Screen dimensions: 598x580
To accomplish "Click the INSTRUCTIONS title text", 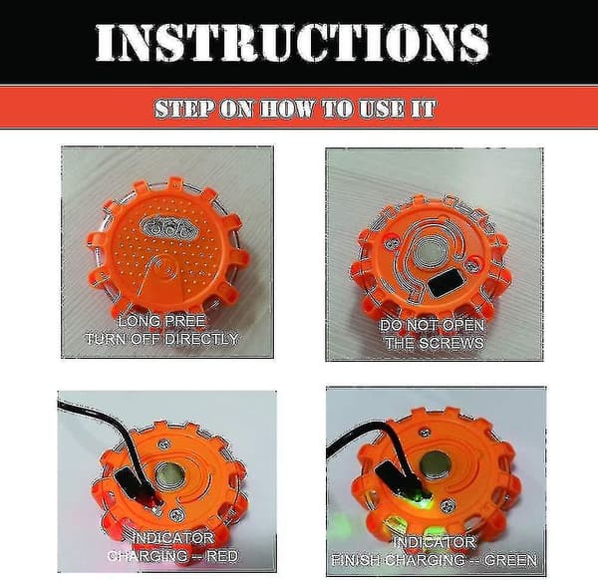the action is (292, 42).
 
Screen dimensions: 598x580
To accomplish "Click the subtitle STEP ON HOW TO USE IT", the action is (295, 109).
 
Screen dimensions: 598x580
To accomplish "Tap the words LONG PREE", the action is (161, 322).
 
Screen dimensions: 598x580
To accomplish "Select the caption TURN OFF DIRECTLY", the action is (161, 339).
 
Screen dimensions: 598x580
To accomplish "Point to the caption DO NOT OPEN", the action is (433, 325).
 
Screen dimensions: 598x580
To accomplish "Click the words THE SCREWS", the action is (435, 343).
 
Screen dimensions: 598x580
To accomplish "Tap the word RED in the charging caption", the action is (222, 556).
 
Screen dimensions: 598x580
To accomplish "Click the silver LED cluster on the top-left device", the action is (166, 226).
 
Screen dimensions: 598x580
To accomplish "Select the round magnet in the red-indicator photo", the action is (170, 476).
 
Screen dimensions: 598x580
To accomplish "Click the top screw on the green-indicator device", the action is (425, 433).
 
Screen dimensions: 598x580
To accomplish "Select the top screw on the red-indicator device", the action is (164, 443).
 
